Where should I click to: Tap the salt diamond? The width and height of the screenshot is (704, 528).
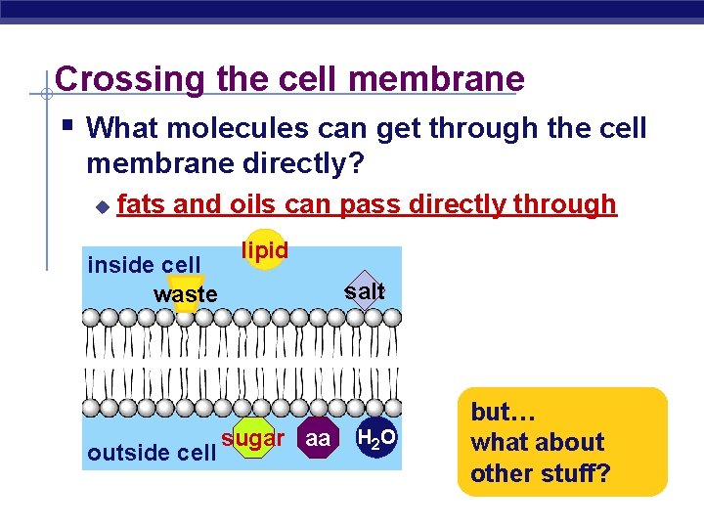click(365, 291)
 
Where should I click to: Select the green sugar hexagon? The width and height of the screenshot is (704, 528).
click(252, 439)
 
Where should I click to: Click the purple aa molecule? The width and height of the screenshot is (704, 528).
click(317, 439)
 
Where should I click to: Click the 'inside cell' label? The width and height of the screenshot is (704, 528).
click(144, 265)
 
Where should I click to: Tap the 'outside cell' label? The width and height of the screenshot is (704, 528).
click(151, 453)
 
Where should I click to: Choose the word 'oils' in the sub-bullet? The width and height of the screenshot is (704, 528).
click(261, 204)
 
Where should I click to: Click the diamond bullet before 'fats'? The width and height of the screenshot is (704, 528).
click(101, 206)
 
